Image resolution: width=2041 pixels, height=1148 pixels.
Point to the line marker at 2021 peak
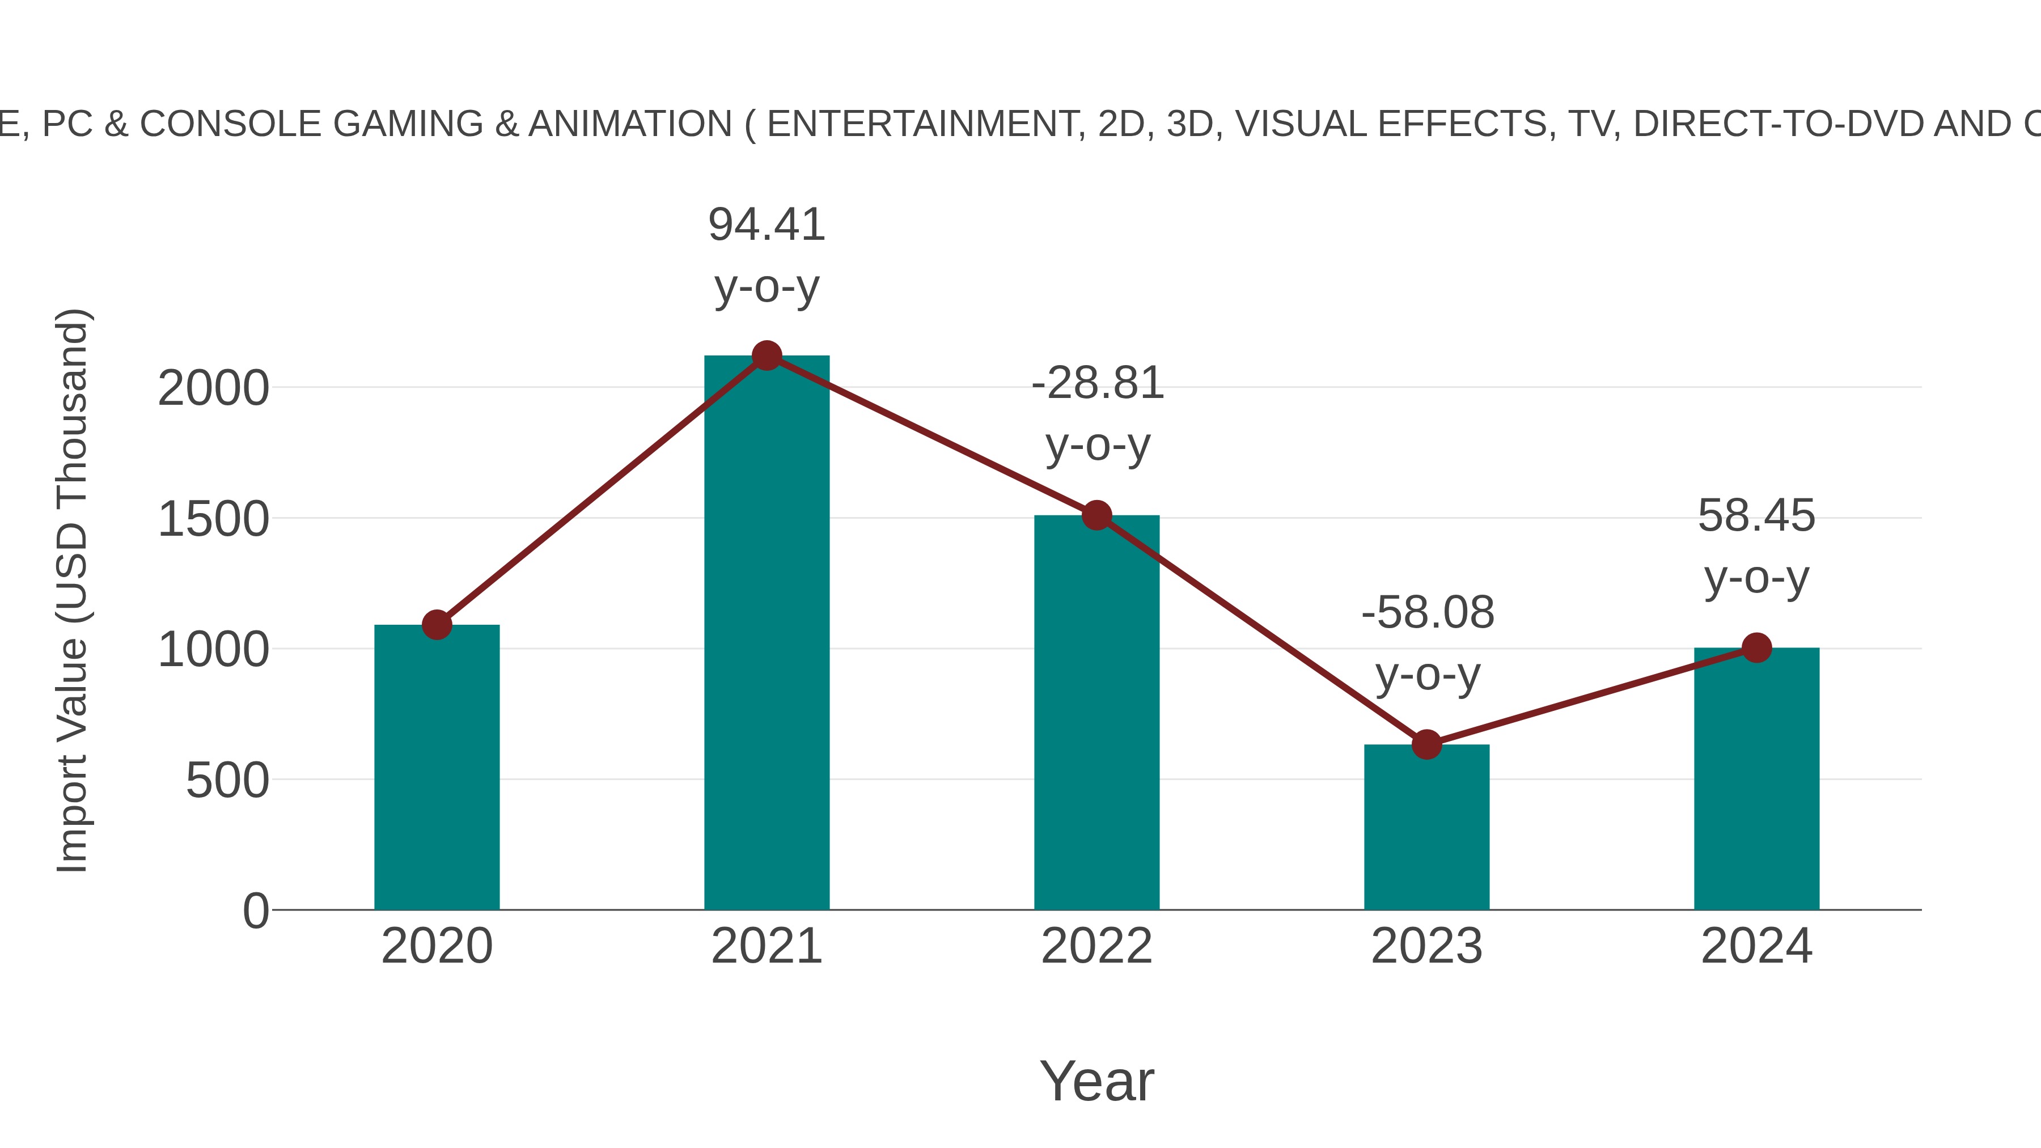coord(766,355)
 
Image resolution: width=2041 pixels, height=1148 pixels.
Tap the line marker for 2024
coord(1756,647)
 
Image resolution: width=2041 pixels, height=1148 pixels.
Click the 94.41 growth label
coord(766,225)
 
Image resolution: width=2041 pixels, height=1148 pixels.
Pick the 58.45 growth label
coord(1756,516)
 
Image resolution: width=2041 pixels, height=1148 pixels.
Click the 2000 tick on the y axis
coord(213,389)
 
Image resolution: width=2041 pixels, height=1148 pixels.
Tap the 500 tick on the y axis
coord(227,781)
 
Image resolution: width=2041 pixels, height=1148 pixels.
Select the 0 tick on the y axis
coord(255,911)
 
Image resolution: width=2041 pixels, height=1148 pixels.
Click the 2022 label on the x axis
coord(1096,947)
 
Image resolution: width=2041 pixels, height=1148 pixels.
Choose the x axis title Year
coord(1096,1082)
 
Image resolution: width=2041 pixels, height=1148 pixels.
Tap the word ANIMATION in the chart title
coord(630,124)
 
